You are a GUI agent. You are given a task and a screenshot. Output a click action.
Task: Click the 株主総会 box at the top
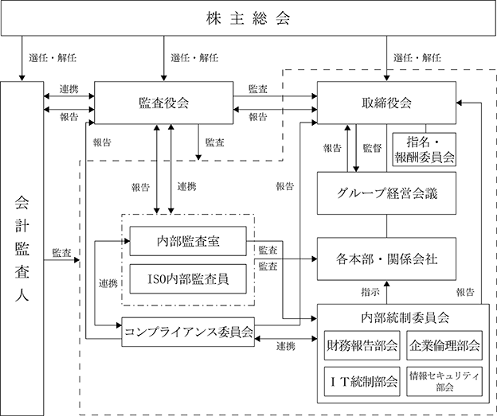pyautogui.click(x=248, y=17)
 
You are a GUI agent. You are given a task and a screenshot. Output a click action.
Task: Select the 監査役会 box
pyautogui.click(x=164, y=103)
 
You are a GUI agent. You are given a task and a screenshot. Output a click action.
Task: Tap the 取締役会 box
pyautogui.click(x=386, y=103)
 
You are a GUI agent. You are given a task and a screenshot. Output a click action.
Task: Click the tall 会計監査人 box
pyautogui.click(x=22, y=248)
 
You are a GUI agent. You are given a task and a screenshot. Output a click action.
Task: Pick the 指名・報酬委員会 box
pyautogui.click(x=425, y=150)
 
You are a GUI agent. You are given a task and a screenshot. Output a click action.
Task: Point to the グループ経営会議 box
pyautogui.click(x=386, y=193)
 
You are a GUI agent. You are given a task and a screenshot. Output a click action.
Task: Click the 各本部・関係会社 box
pyautogui.click(x=386, y=259)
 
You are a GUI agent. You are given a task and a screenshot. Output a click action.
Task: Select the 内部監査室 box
pyautogui.click(x=188, y=241)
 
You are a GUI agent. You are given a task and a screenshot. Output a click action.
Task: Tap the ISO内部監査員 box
pyautogui.click(x=188, y=279)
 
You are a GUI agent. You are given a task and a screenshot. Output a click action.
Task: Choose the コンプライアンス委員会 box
pyautogui.click(x=188, y=332)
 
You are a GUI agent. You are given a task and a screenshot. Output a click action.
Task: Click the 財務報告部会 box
pyautogui.click(x=362, y=345)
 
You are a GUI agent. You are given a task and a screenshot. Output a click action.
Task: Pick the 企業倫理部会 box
pyautogui.click(x=444, y=345)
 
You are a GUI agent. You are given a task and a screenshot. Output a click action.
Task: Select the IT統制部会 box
pyautogui.click(x=362, y=382)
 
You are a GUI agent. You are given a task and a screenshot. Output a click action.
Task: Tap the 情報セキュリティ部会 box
pyautogui.click(x=444, y=382)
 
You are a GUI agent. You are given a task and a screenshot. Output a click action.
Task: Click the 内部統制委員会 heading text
pyautogui.click(x=405, y=317)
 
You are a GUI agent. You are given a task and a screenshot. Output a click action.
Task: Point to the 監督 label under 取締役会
pyautogui.click(x=372, y=148)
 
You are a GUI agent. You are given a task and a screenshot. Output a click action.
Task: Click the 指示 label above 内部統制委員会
pyautogui.click(x=370, y=292)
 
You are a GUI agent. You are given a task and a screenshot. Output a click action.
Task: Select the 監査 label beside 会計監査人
pyautogui.click(x=61, y=253)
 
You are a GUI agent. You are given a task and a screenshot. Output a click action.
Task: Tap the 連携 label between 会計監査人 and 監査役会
pyautogui.click(x=68, y=89)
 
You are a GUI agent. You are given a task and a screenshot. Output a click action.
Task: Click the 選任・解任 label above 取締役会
pyautogui.click(x=417, y=57)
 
